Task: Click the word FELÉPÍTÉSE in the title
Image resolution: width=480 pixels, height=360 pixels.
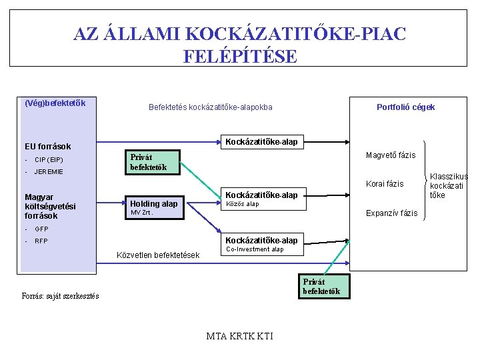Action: click(x=240, y=56)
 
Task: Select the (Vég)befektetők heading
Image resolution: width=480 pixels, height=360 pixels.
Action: click(x=55, y=103)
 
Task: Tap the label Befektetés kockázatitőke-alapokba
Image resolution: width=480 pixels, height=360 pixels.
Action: click(x=210, y=107)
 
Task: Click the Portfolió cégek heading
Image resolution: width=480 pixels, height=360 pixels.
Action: click(x=405, y=107)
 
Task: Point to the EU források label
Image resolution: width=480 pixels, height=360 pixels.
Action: click(x=47, y=146)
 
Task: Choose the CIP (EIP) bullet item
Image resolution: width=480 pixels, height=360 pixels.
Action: click(x=49, y=159)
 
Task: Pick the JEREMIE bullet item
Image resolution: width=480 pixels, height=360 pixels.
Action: click(x=49, y=171)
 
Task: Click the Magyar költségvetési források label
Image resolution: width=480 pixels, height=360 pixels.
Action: click(x=50, y=206)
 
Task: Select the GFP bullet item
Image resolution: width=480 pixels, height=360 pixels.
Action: click(x=41, y=229)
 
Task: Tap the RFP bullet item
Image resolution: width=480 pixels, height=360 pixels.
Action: click(x=41, y=241)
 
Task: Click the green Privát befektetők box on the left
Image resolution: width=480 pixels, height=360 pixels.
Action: click(x=153, y=163)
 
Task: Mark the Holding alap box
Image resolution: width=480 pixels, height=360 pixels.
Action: click(x=153, y=204)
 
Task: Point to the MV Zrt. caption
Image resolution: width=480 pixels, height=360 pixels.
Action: click(x=141, y=213)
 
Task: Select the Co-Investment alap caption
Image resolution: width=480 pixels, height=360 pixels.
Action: click(x=255, y=249)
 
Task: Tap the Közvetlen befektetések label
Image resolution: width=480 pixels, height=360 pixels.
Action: click(x=158, y=255)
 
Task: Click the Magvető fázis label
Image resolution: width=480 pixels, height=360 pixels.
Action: click(x=391, y=155)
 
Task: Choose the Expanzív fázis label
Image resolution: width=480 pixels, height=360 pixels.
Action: click(x=392, y=213)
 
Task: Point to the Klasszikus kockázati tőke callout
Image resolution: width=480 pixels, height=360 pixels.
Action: click(x=448, y=186)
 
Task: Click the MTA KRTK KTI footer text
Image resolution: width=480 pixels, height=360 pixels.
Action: click(x=240, y=335)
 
